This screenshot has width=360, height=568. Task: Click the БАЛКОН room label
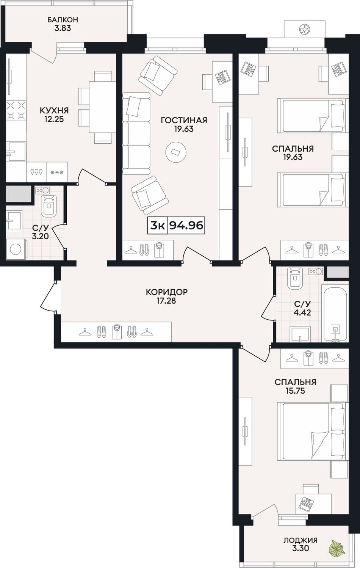pos(63,20)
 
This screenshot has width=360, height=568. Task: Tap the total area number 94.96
pos(186,225)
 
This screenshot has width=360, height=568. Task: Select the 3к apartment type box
pos(158,225)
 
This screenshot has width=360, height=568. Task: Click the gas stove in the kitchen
pos(16,111)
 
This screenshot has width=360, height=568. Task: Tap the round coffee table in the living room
pos(176,152)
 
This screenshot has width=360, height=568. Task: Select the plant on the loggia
pos(336,550)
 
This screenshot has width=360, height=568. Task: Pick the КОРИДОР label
pos(167,292)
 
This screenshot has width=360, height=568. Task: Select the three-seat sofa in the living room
pos(136,133)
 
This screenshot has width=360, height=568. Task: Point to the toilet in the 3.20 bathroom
pos(49,206)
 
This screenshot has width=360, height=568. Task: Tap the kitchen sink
pos(16,152)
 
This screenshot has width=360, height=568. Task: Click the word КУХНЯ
pos(54,111)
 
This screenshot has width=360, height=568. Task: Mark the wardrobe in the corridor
pos(116,332)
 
